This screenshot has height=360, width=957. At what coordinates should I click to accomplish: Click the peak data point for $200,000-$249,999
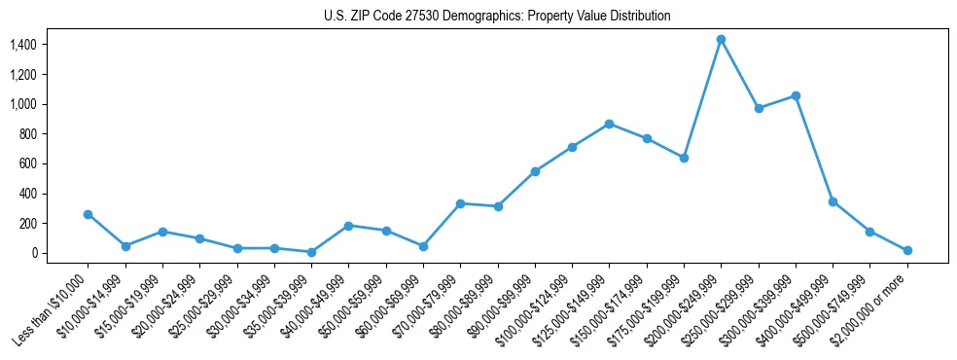[721, 40]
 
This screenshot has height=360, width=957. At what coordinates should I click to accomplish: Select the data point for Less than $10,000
[88, 214]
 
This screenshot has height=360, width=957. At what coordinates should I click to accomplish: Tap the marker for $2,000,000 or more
[907, 250]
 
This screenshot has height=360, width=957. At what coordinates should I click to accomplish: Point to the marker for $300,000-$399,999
[796, 95]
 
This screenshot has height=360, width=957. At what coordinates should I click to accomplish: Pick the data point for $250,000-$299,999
[759, 108]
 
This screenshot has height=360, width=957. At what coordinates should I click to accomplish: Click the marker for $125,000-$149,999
[609, 124]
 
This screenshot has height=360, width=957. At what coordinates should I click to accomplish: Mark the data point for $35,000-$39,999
[311, 252]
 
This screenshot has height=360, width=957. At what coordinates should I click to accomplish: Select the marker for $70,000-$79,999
[460, 203]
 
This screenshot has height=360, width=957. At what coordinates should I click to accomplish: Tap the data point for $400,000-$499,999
[833, 201]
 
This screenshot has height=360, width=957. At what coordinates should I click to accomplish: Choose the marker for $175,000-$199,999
[684, 158]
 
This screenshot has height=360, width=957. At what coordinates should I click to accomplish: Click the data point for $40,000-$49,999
[348, 226]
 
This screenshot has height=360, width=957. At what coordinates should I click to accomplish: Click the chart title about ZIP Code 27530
[497, 17]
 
